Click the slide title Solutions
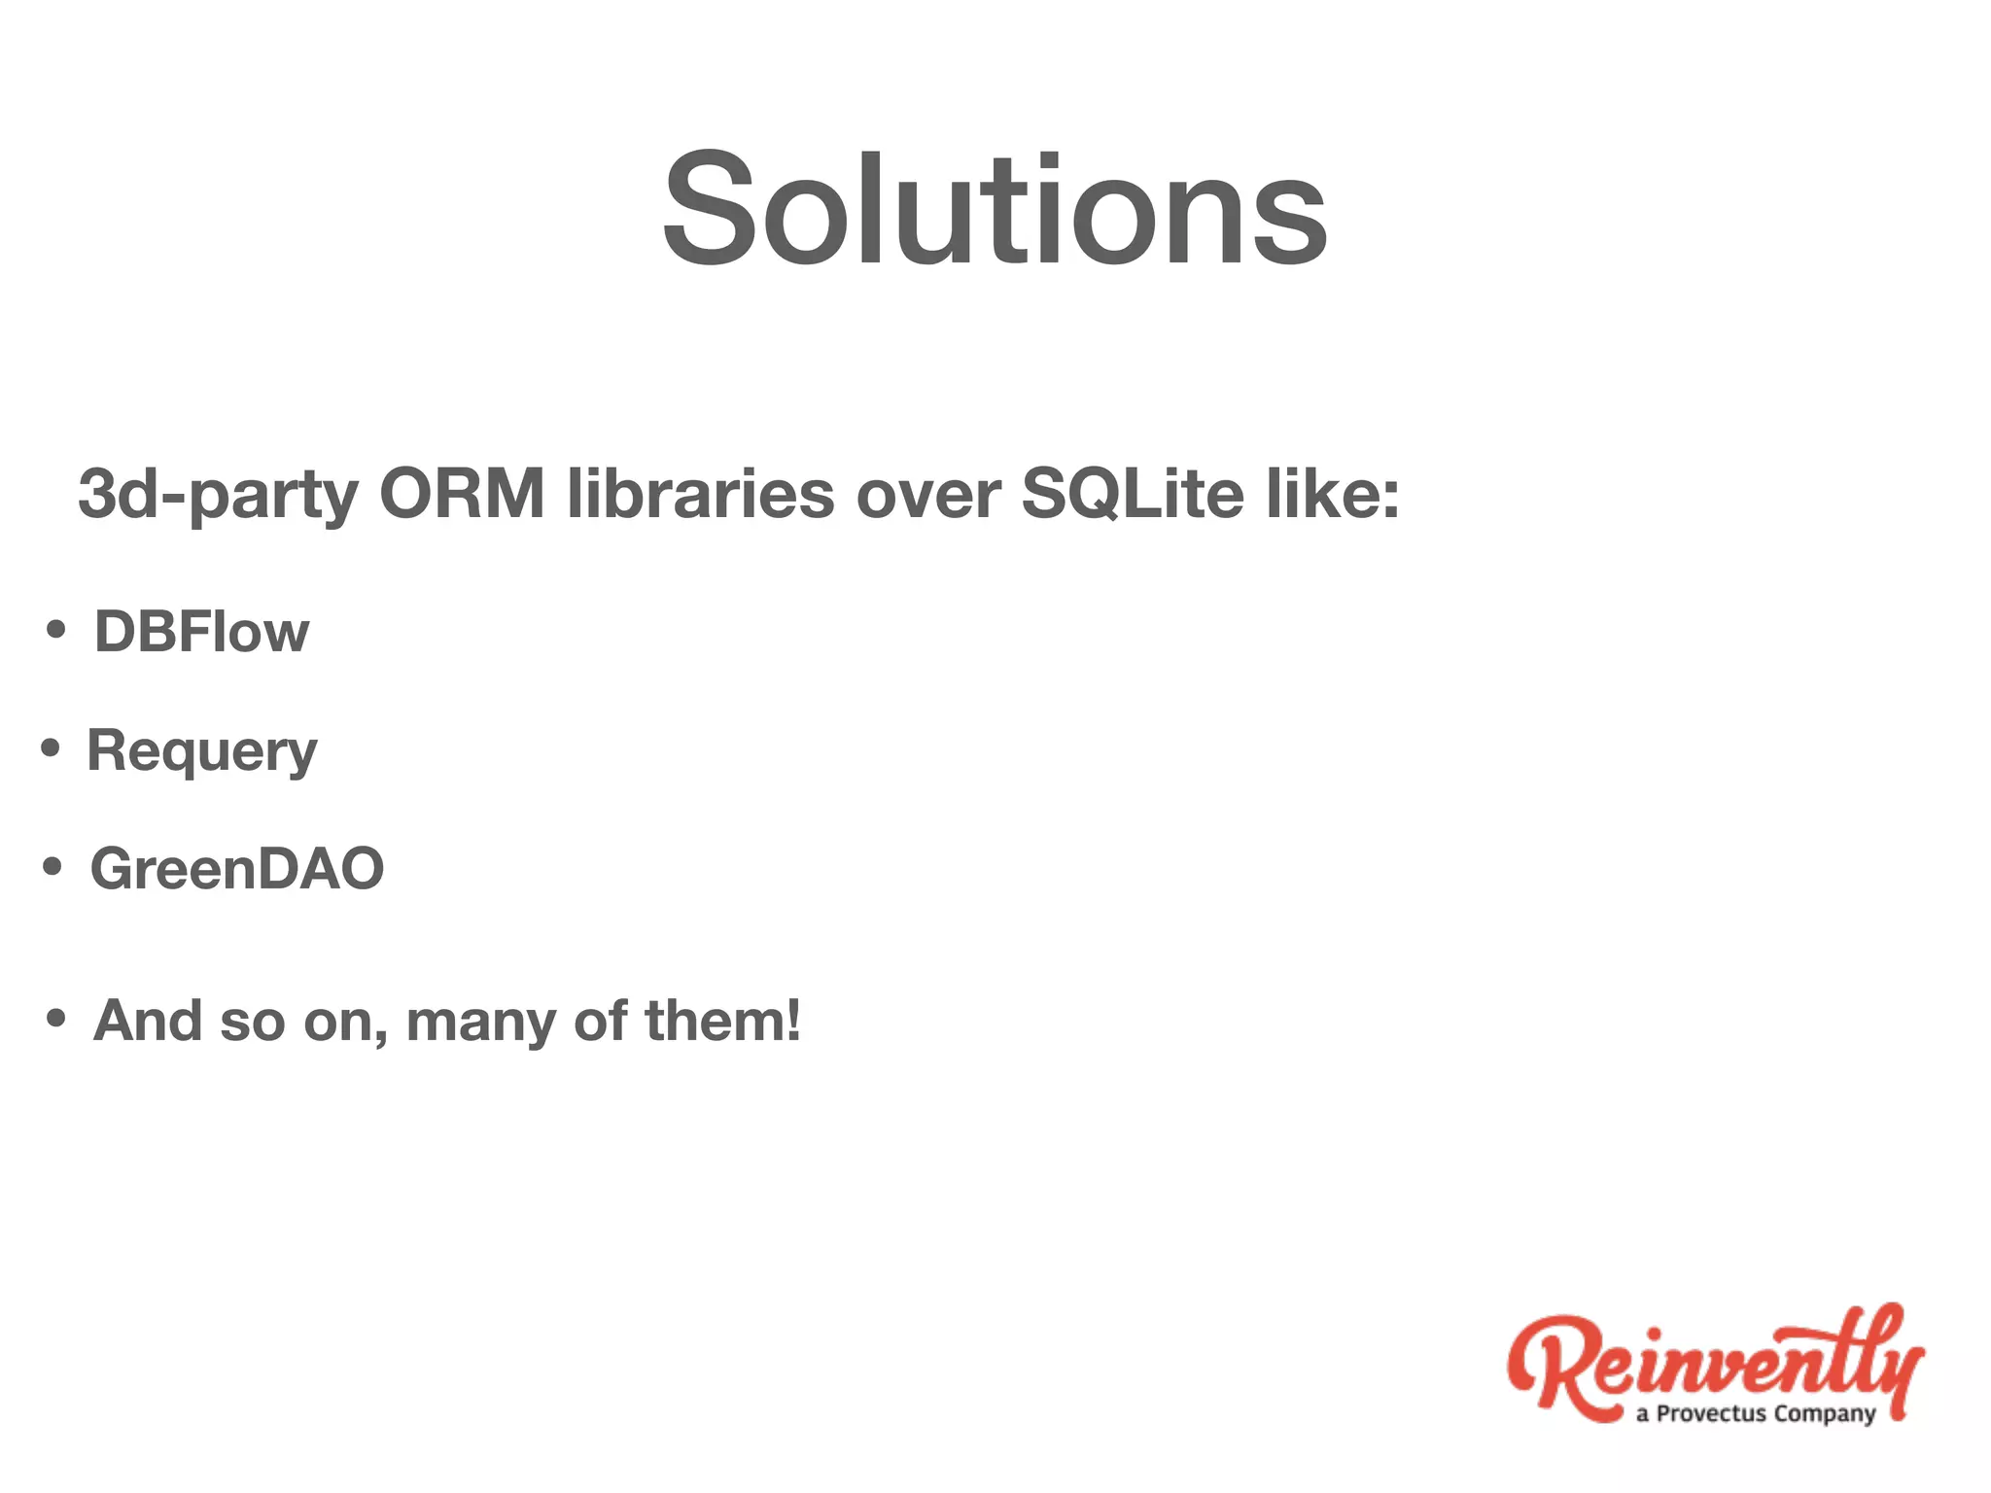pyautogui.click(x=995, y=209)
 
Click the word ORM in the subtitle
pyautogui.click(x=462, y=494)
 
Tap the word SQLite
pyautogui.click(x=1133, y=494)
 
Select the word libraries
pyautogui.click(x=700, y=494)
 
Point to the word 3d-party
pyautogui.click(x=218, y=494)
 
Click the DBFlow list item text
pyautogui.click(x=201, y=632)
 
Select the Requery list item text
pyautogui.click(x=201, y=751)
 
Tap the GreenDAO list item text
pyautogui.click(x=237, y=868)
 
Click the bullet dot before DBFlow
pyautogui.click(x=56, y=630)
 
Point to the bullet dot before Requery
pyautogui.click(x=51, y=748)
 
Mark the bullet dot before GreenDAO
pyautogui.click(x=52, y=866)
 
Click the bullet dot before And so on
pyautogui.click(x=56, y=1019)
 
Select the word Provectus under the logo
pyautogui.click(x=1711, y=1413)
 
